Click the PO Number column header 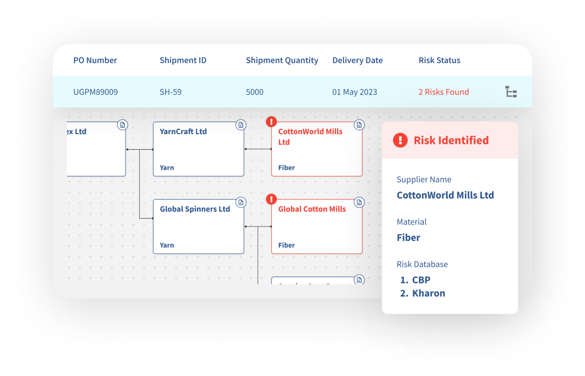[95, 60]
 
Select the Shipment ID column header [183, 60]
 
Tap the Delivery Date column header [357, 60]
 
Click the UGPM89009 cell [96, 92]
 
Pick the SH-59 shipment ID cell [170, 92]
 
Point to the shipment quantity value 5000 [255, 92]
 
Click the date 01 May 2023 [355, 92]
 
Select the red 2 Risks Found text [444, 92]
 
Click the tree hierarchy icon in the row [511, 92]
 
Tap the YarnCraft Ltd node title [183, 132]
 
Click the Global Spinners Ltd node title [195, 209]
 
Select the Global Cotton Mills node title [312, 209]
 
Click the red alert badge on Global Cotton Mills [272, 199]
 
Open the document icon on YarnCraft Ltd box [241, 125]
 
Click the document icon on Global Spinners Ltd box [241, 203]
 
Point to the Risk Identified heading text [451, 140]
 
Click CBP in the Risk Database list [421, 280]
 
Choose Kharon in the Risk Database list [428, 293]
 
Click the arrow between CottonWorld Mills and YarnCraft [258, 149]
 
